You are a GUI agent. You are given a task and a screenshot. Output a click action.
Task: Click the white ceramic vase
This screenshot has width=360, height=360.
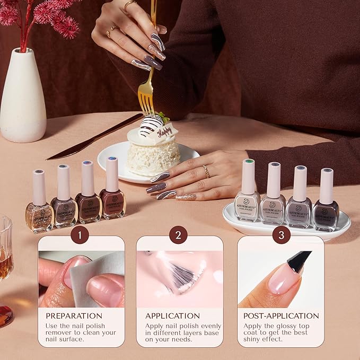point(22,101)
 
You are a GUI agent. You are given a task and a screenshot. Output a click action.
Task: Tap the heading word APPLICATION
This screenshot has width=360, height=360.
point(173,316)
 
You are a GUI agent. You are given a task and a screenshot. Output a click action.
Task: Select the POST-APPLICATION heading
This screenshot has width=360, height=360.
point(281,316)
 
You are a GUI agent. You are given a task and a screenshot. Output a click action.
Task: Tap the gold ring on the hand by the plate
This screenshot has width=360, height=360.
point(206,171)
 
